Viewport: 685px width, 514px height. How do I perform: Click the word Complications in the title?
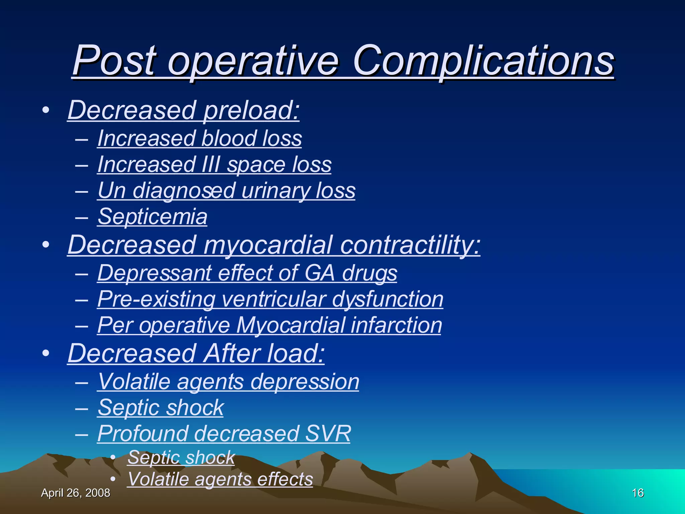pyautogui.click(x=483, y=61)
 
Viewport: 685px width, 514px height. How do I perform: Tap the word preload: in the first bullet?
pyautogui.click(x=251, y=110)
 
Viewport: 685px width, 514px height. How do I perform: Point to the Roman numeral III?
pyautogui.click(x=211, y=165)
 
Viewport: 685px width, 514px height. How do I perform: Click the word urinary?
pyautogui.click(x=275, y=191)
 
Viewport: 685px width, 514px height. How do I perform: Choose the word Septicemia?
pyautogui.click(x=153, y=217)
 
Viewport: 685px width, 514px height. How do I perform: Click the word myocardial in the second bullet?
pyautogui.click(x=268, y=245)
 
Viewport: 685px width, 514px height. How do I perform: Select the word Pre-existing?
pyautogui.click(x=156, y=299)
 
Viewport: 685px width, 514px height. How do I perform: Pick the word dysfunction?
pyautogui.click(x=388, y=299)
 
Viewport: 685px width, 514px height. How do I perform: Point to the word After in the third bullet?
pyautogui.click(x=231, y=353)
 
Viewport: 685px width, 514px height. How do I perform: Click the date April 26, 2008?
pyautogui.click(x=76, y=493)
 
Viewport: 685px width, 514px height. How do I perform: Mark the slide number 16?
pyautogui.click(x=638, y=493)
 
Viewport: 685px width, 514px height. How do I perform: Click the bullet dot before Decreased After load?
pyautogui.click(x=46, y=353)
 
